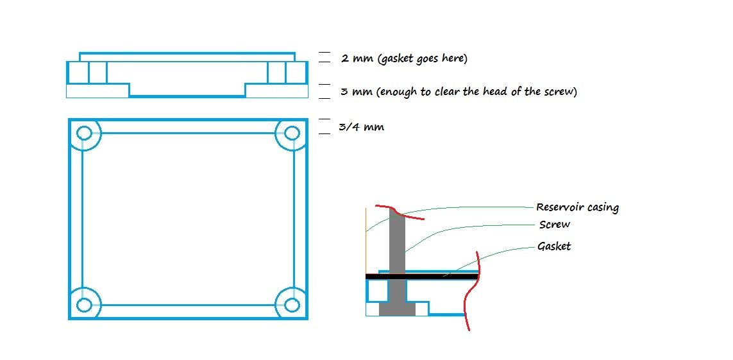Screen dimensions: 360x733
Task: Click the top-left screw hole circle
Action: tap(84, 133)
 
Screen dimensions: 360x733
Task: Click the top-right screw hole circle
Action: tap(292, 133)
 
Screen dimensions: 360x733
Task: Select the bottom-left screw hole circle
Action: tap(84, 304)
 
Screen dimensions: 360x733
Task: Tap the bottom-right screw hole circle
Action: tap(292, 304)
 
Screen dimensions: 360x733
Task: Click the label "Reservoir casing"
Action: tap(577, 207)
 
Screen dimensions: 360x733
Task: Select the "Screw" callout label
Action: tap(555, 225)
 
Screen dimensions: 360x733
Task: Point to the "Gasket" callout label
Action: tap(555, 246)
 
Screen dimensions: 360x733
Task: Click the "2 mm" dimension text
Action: tap(355, 58)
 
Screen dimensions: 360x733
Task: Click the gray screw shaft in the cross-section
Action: tap(398, 244)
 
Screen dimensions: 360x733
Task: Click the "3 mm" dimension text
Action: tap(355, 92)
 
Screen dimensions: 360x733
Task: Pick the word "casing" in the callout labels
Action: tap(603, 208)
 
